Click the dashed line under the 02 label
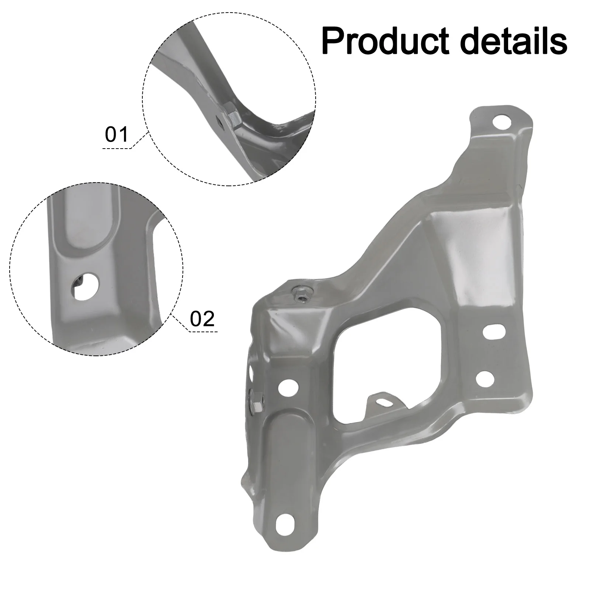click(x=204, y=332)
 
